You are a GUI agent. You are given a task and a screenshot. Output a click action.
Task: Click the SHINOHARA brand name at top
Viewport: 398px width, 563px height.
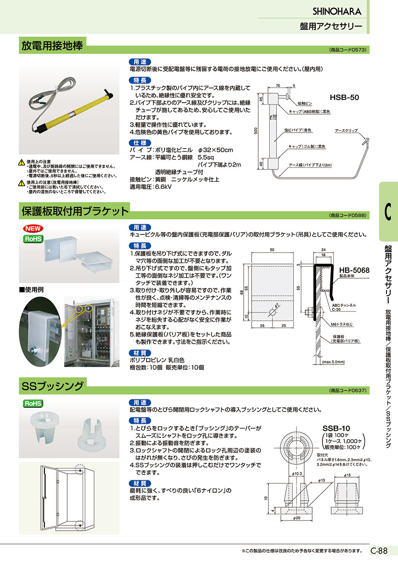(337, 11)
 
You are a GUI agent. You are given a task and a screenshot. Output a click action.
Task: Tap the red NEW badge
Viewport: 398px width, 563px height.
(33, 229)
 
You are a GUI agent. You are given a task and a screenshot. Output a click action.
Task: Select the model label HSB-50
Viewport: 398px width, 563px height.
(344, 98)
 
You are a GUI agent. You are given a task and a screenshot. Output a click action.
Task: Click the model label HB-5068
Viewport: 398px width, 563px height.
(354, 270)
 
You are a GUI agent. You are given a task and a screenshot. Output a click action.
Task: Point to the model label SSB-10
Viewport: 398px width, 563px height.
(336, 428)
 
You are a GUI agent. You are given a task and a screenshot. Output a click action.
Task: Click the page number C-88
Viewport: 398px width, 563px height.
(379, 551)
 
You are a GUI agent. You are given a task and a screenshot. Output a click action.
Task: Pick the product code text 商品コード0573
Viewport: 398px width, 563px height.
(348, 50)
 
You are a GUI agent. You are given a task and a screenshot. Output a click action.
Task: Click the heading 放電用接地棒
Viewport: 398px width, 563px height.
(52, 46)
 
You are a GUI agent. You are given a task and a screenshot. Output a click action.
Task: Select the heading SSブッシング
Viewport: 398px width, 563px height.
(53, 386)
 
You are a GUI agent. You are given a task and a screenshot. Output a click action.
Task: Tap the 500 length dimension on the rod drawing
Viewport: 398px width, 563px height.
(256, 131)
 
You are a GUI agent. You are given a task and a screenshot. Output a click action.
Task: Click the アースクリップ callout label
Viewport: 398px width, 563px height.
(346, 131)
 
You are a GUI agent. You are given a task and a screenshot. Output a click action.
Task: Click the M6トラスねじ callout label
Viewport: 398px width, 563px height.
(342, 325)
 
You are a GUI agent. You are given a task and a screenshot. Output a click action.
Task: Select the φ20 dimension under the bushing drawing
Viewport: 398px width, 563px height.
(296, 518)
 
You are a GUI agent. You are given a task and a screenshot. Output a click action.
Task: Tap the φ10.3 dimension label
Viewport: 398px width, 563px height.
(297, 474)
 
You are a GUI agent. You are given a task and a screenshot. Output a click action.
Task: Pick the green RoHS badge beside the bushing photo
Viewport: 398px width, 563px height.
(33, 403)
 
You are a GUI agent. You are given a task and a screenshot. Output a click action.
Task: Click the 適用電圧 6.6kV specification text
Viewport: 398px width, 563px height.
(150, 187)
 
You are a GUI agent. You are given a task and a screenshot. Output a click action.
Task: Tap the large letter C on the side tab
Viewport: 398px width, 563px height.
(388, 212)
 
